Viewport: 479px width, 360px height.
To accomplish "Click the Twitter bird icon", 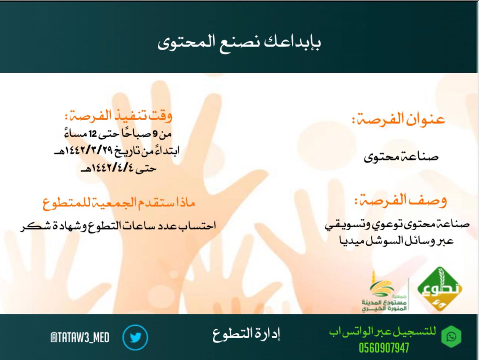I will (x=135, y=338).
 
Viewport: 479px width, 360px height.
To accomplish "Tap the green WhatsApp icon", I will (x=451, y=338).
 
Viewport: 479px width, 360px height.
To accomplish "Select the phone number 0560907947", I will (x=384, y=348).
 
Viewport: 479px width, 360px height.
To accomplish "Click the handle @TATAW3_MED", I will (x=80, y=338).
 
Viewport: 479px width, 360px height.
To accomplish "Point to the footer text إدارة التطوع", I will (x=246, y=334).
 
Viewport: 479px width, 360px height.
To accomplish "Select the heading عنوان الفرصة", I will (x=398, y=120).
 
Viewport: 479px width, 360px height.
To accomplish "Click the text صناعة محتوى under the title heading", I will (x=401, y=157).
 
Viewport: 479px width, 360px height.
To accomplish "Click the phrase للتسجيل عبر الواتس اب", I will (x=382, y=332).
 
